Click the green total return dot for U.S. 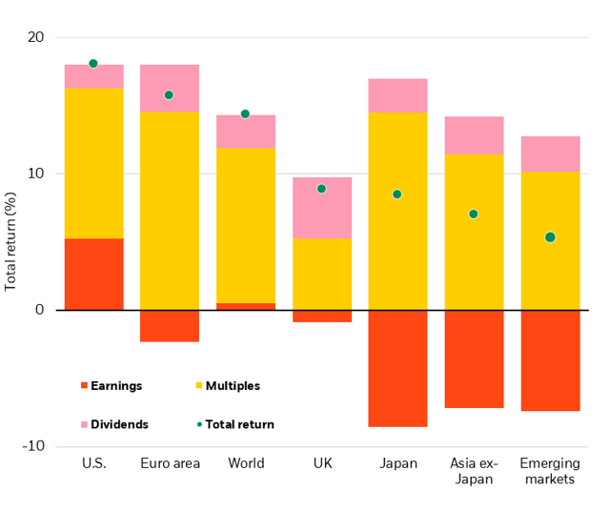(x=93, y=64)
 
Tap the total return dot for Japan (x=397, y=195)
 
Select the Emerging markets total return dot (x=550, y=237)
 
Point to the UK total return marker (x=321, y=189)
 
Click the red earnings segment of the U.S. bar (x=93, y=274)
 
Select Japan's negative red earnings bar (x=397, y=368)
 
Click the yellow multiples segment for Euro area (x=170, y=211)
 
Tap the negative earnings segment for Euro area (x=170, y=326)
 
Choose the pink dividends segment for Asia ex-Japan (x=474, y=135)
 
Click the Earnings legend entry (x=112, y=386)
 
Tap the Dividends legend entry (x=113, y=424)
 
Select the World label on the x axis (x=246, y=464)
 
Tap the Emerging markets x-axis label (x=550, y=471)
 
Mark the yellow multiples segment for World (x=246, y=225)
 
